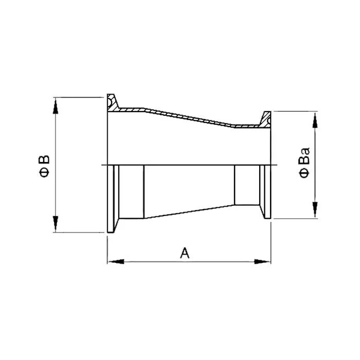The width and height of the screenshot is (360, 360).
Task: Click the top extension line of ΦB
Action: (x=77, y=96)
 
